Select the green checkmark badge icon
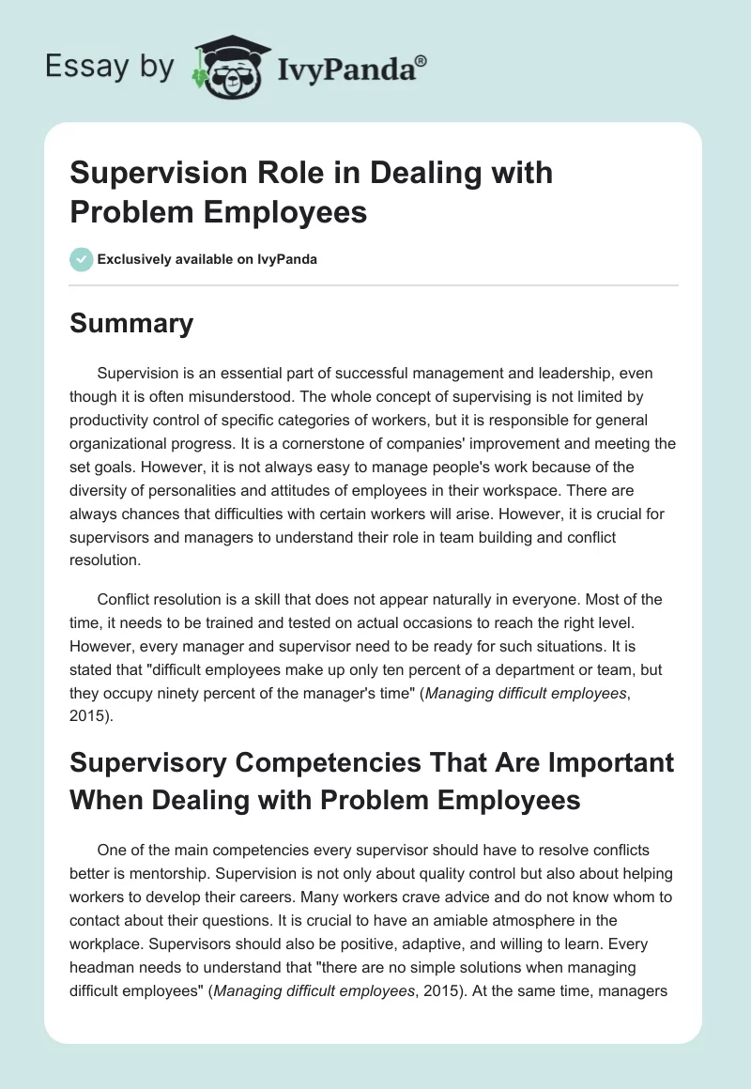click(x=81, y=259)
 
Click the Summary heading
click(x=131, y=323)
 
